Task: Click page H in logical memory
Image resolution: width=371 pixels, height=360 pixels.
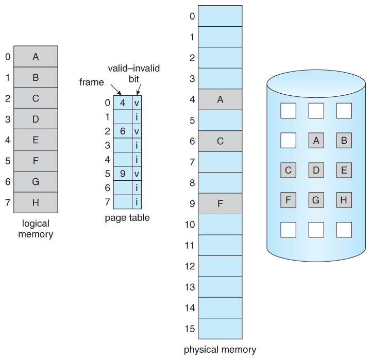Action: (x=36, y=202)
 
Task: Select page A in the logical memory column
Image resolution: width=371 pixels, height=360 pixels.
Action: (x=36, y=57)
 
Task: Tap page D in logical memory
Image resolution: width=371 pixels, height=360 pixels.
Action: (x=36, y=119)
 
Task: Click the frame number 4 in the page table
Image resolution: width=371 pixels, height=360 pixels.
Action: (x=123, y=102)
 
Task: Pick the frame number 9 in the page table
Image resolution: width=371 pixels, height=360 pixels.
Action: (x=123, y=174)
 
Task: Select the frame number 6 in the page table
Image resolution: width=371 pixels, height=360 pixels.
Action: (x=123, y=131)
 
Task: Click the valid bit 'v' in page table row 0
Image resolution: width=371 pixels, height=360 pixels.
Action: (x=137, y=102)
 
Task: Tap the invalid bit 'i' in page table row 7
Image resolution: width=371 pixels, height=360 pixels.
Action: (x=137, y=202)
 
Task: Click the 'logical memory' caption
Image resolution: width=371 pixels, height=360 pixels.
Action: (x=36, y=229)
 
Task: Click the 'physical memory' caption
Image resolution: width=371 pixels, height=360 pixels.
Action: (x=220, y=350)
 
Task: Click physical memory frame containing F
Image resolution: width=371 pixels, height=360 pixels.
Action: (x=220, y=203)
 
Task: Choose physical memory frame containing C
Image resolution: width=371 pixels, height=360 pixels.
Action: (x=220, y=141)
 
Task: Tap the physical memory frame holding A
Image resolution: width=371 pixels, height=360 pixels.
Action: (x=220, y=99)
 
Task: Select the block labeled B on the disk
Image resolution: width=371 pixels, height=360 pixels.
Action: (x=344, y=140)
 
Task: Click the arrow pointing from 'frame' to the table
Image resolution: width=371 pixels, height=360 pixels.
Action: (x=116, y=90)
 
